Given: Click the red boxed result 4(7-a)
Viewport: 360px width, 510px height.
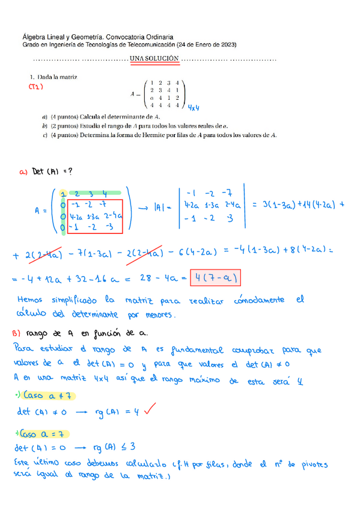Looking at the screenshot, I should point(215,278).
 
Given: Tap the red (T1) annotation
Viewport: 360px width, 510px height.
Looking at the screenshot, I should point(37,87).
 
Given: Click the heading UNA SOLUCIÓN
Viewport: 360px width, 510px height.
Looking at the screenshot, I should point(154,58).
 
